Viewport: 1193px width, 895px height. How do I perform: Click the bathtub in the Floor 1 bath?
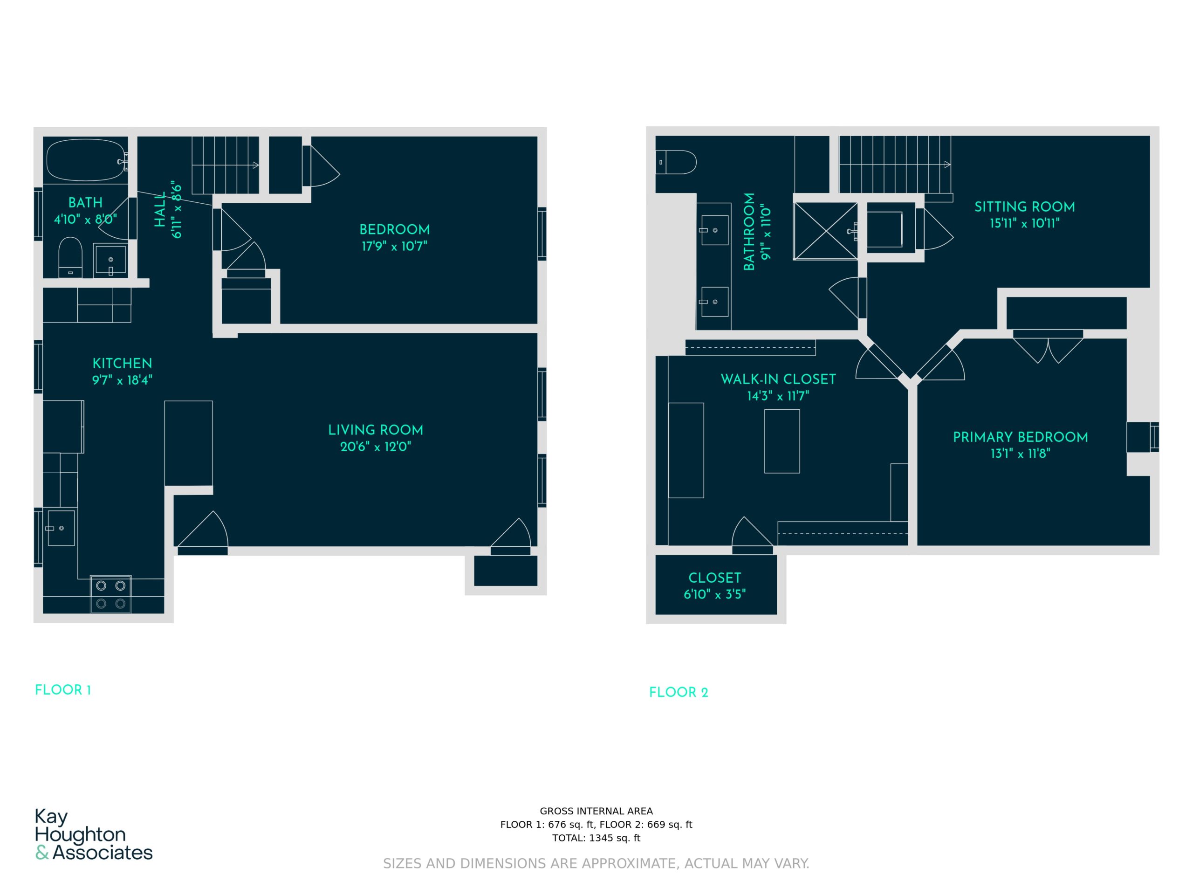pyautogui.click(x=86, y=160)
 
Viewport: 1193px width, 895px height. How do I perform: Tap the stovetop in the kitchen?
pyautogui.click(x=110, y=594)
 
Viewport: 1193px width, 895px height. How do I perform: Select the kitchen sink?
pyautogui.click(x=61, y=528)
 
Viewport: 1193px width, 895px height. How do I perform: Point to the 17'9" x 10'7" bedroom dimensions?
pyautogui.click(x=394, y=247)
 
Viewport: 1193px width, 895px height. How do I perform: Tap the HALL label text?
pyautogui.click(x=160, y=209)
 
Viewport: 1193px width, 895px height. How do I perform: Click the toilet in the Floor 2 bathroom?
pyautogui.click(x=676, y=162)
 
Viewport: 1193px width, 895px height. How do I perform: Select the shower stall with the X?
pyautogui.click(x=826, y=231)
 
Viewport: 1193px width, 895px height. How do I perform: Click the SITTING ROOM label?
pyautogui.click(x=1024, y=207)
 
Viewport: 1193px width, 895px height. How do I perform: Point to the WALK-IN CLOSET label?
pyautogui.click(x=778, y=379)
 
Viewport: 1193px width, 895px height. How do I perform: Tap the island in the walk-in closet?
pyautogui.click(x=782, y=441)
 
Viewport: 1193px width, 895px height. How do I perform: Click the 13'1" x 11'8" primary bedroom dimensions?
pyautogui.click(x=1021, y=454)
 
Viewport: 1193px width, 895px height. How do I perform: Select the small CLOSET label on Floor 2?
pyautogui.click(x=714, y=578)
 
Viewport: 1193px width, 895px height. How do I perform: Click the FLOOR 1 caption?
pyautogui.click(x=63, y=690)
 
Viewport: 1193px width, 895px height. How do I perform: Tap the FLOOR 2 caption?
pyautogui.click(x=679, y=692)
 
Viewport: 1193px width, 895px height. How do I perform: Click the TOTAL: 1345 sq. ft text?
pyautogui.click(x=596, y=838)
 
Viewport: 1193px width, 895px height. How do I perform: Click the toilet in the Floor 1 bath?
pyautogui.click(x=70, y=257)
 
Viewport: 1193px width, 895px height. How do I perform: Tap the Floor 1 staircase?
pyautogui.click(x=226, y=165)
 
